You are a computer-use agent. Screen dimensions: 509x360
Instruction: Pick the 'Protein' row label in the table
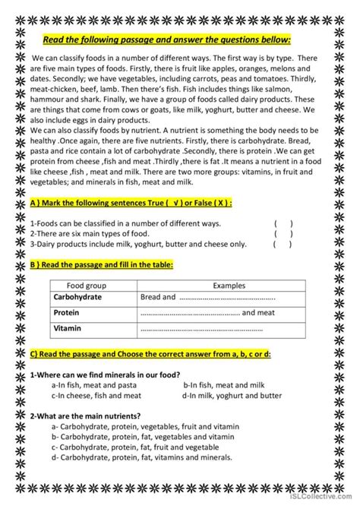67,313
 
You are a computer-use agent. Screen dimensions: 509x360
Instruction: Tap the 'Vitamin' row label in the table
67,329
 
